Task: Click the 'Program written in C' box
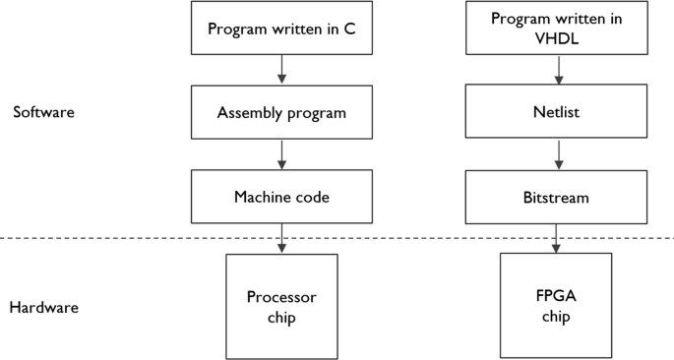pyautogui.click(x=281, y=28)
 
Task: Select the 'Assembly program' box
pyautogui.click(x=281, y=112)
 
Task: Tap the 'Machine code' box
pyautogui.click(x=281, y=197)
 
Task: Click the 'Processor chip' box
pyautogui.click(x=281, y=306)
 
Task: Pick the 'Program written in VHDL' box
pyautogui.click(x=560, y=28)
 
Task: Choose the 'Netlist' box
pyautogui.click(x=560, y=112)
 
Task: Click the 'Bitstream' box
pyautogui.click(x=560, y=197)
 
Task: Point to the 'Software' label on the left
pyautogui.click(x=43, y=112)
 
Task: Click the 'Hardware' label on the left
pyautogui.click(x=43, y=308)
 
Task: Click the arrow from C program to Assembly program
pyautogui.click(x=282, y=69)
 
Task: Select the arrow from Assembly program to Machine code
pyautogui.click(x=282, y=153)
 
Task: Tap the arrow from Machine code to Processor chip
pyautogui.click(x=282, y=238)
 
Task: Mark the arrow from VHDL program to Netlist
pyautogui.click(x=560, y=69)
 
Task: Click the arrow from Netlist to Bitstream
pyautogui.click(x=560, y=153)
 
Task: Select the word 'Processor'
pyautogui.click(x=281, y=297)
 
